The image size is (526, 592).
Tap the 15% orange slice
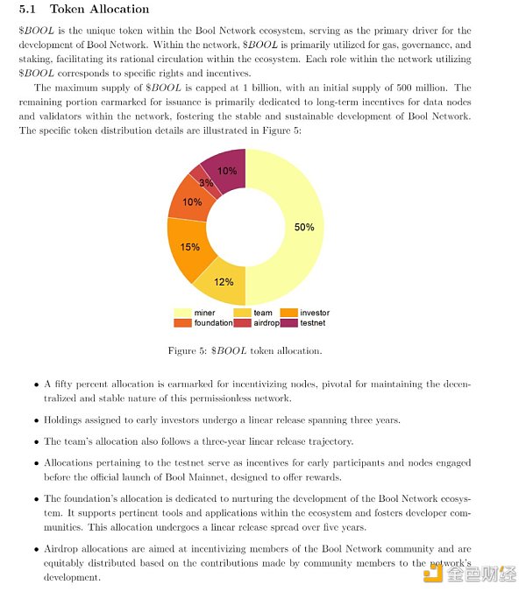click(188, 246)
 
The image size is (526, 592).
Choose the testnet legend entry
click(306, 323)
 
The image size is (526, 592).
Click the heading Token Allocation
click(99, 10)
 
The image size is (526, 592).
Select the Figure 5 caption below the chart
click(245, 350)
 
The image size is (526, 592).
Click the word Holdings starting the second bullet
click(65, 419)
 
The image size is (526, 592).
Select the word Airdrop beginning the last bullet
click(63, 547)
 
